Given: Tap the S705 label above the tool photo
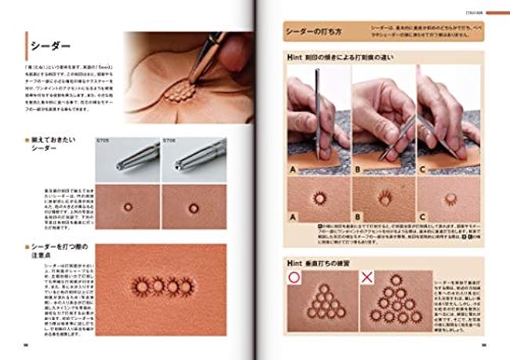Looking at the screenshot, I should [x=101, y=140].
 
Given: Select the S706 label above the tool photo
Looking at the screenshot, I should [x=169, y=140].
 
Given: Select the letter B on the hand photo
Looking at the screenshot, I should [x=359, y=168].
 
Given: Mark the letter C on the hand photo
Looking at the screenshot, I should [x=424, y=168].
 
